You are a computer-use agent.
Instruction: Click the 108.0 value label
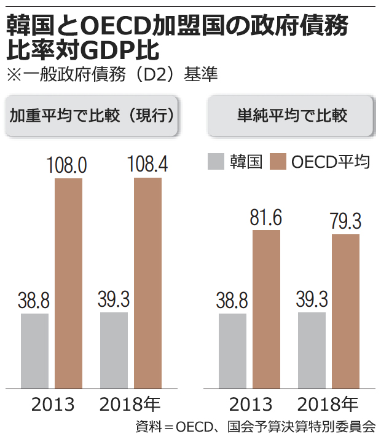tap(68, 165)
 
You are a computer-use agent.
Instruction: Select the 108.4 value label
tap(147, 165)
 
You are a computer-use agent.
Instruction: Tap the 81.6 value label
tap(265, 218)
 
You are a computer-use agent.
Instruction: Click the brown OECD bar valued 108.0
tap(69, 283)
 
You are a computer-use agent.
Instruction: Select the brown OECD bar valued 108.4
tap(147, 283)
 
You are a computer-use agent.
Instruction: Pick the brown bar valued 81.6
tap(267, 309)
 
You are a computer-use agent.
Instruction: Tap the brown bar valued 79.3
tap(345, 311)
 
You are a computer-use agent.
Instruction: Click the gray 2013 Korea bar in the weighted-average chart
tap(34, 350)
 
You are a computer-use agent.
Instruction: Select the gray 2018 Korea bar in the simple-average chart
tap(312, 350)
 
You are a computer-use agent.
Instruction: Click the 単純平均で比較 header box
tap(292, 116)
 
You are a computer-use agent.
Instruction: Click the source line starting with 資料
tap(254, 427)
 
